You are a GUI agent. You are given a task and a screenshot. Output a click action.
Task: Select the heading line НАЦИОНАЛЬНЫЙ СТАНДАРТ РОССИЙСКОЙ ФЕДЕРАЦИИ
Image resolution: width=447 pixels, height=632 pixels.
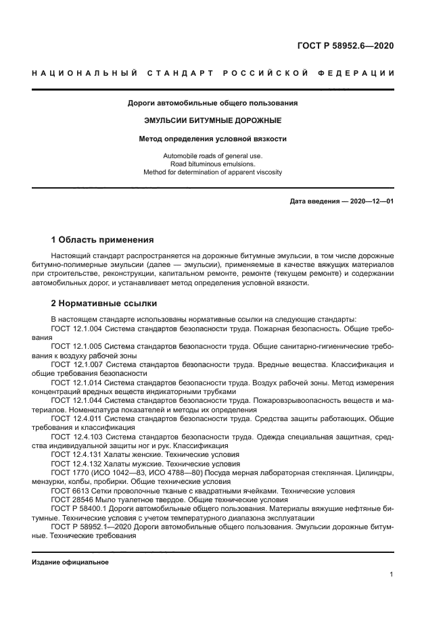[213, 72]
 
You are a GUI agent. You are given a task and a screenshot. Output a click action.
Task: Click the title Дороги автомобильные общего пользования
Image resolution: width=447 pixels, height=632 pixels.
[213, 103]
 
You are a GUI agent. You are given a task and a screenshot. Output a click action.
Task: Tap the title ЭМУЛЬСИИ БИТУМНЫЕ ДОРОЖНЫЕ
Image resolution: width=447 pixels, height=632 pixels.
[213, 121]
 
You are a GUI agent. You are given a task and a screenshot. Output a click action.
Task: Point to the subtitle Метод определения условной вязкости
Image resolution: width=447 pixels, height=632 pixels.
[213, 139]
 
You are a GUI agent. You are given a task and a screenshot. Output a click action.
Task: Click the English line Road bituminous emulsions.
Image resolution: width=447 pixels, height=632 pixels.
[213, 164]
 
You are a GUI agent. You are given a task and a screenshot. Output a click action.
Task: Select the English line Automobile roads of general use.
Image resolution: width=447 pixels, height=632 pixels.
[213, 156]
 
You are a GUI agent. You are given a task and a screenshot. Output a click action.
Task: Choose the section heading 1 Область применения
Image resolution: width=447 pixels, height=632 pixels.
[103, 239]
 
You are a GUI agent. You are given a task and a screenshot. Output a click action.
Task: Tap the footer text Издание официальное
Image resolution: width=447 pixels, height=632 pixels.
[70, 562]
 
